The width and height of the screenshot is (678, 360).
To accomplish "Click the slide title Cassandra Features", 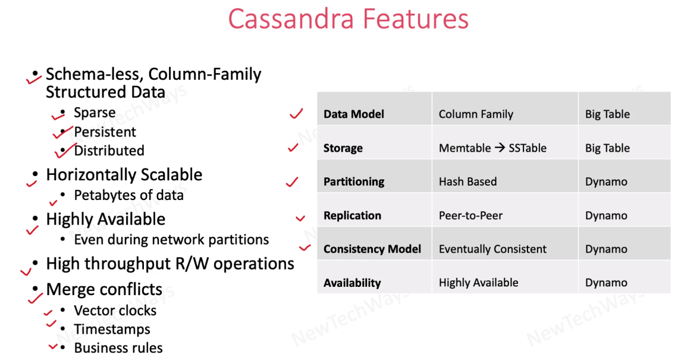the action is pyautogui.click(x=348, y=18).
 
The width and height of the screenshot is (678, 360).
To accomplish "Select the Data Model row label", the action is pyautogui.click(x=354, y=114).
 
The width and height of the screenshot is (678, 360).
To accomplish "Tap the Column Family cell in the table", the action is pyautogui.click(x=476, y=114).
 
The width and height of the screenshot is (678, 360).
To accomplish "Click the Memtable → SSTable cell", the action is pyautogui.click(x=492, y=148).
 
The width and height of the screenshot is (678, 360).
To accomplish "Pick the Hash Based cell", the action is pyautogui.click(x=467, y=181).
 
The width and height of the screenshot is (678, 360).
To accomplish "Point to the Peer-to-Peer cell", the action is pyautogui.click(x=470, y=215).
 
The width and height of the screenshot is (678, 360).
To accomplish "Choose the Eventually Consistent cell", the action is pyautogui.click(x=492, y=249).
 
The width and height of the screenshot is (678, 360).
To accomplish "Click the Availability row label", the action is pyautogui.click(x=352, y=283).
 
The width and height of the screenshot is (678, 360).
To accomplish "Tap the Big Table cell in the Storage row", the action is pyautogui.click(x=607, y=148).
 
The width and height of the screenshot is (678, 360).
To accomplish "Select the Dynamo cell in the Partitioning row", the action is pyautogui.click(x=606, y=181).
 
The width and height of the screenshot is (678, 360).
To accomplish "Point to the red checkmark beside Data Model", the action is pyautogui.click(x=296, y=114).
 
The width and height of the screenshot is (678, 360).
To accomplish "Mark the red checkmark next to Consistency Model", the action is pyautogui.click(x=305, y=248).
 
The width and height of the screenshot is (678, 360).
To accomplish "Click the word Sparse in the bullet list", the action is pyautogui.click(x=95, y=113).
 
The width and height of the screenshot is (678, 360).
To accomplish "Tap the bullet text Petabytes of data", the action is pyautogui.click(x=128, y=195).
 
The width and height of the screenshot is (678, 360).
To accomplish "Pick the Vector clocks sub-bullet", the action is pyautogui.click(x=115, y=311).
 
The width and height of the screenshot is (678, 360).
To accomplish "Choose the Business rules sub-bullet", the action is pyautogui.click(x=118, y=348).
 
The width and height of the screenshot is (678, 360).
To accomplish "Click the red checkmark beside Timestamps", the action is pyautogui.click(x=51, y=325).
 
